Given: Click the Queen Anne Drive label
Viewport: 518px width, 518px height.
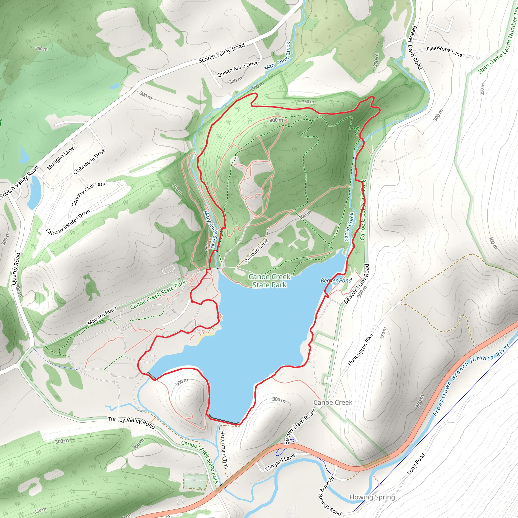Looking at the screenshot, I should tap(238, 69).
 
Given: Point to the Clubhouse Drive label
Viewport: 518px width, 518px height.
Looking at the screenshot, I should tap(89, 161).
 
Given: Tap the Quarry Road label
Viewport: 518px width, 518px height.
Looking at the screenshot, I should tap(15, 269).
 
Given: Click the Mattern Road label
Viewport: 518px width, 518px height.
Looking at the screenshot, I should tap(102, 316).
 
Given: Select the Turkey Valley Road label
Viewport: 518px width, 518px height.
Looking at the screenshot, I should tap(131, 423).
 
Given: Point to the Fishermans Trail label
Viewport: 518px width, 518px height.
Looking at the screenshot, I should tap(224, 449).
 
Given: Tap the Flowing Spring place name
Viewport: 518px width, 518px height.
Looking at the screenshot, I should tap(372, 497).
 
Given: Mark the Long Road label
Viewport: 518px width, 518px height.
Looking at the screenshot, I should tap(416, 464).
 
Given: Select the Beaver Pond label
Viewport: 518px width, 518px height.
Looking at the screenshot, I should tap(336, 280).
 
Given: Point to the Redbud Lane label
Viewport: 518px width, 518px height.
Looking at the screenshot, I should tap(256, 251).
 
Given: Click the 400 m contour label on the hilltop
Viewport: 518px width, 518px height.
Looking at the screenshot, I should tap(276, 120).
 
